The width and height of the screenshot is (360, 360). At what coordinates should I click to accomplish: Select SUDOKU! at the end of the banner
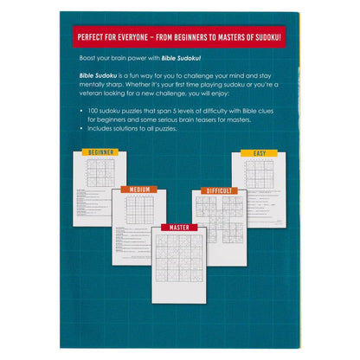point(280,37)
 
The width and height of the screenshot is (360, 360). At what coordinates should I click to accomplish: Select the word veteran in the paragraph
point(87,96)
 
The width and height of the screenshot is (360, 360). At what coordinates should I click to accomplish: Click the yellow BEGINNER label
point(100,152)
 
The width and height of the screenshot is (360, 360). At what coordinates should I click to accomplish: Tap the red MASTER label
point(179,227)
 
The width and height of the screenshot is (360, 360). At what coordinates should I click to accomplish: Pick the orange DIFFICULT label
point(219,190)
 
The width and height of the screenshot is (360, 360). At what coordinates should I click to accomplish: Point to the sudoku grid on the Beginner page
point(101,171)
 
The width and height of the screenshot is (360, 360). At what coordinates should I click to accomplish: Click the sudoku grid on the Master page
point(179,258)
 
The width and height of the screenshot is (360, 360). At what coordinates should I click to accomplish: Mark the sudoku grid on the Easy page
point(259,172)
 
